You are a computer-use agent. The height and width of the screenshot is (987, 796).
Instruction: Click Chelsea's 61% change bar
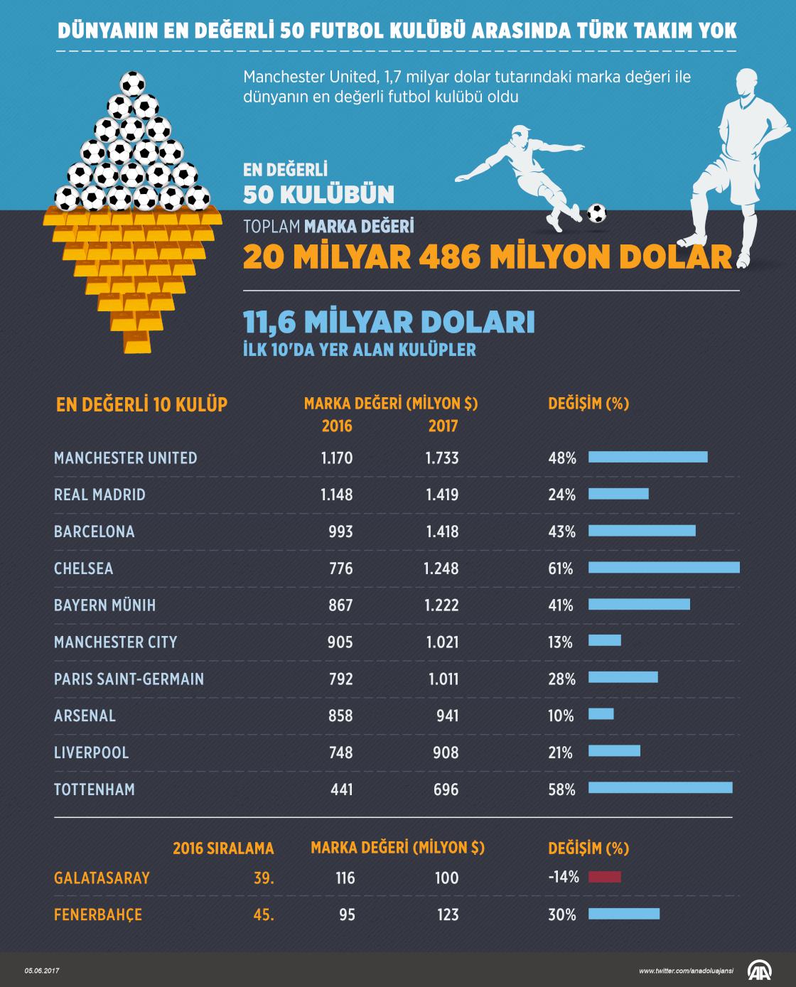pyautogui.click(x=664, y=568)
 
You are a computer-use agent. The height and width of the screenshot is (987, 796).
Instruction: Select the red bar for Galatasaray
pyautogui.click(x=604, y=877)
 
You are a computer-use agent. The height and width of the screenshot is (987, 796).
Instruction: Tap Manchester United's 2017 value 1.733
pyautogui.click(x=442, y=458)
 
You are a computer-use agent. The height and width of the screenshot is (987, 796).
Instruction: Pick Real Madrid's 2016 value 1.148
pyautogui.click(x=336, y=495)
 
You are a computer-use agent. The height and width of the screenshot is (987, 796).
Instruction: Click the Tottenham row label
pyautogui.click(x=95, y=789)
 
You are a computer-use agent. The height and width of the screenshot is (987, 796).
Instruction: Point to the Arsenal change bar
pyautogui.click(x=601, y=714)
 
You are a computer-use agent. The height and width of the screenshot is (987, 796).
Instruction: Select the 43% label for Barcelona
pyautogui.click(x=561, y=532)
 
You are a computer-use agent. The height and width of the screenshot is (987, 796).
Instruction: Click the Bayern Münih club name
pyautogui.click(x=104, y=605)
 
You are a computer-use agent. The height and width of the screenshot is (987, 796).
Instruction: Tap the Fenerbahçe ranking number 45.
pyautogui.click(x=264, y=915)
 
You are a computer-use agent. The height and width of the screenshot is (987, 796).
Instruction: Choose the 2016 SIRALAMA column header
pyautogui.click(x=223, y=848)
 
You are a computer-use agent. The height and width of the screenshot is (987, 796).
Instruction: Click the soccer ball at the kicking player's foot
pyautogui.click(x=596, y=212)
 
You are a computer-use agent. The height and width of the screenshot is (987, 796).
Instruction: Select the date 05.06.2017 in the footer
pyautogui.click(x=43, y=971)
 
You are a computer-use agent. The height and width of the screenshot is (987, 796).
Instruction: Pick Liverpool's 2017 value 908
pyautogui.click(x=446, y=753)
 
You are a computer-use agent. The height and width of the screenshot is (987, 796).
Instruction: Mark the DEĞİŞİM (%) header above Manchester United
pyautogui.click(x=588, y=404)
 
